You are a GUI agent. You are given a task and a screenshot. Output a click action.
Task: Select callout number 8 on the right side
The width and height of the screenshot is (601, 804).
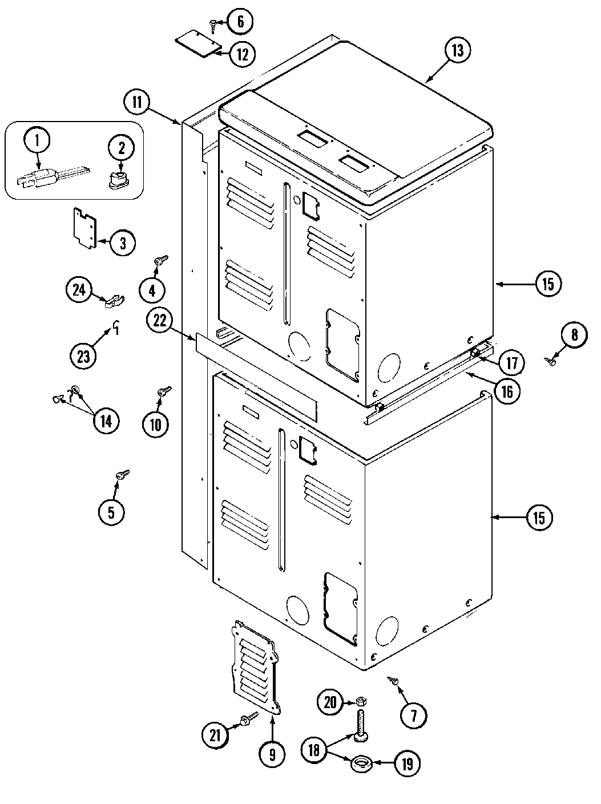574,335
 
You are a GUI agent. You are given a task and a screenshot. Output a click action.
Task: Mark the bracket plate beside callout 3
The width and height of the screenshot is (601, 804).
84,228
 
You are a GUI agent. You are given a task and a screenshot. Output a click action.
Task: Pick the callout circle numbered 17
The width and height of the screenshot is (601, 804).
511,362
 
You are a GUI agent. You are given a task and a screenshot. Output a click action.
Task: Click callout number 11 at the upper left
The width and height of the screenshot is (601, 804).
137,103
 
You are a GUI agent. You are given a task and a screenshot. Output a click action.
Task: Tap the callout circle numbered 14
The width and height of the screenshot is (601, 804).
106,421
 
